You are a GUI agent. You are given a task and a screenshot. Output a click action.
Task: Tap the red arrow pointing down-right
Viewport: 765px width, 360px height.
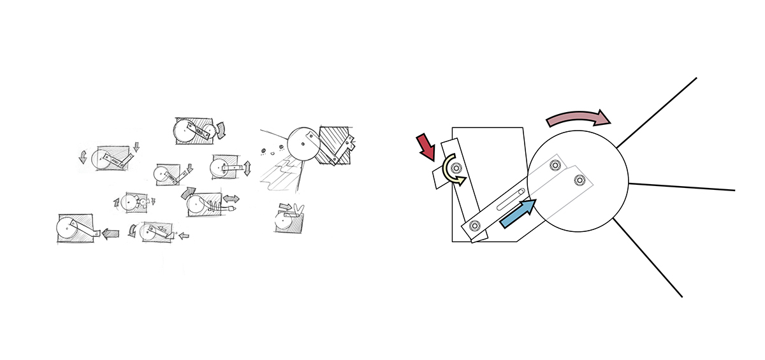point(425,147)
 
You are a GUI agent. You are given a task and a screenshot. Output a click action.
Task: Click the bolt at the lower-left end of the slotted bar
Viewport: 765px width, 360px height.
point(475,225)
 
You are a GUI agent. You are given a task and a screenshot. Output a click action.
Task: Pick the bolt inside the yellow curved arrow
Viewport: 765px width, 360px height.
point(455,168)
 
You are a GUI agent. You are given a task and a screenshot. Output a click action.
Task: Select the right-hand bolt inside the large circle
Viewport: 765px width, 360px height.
point(579,180)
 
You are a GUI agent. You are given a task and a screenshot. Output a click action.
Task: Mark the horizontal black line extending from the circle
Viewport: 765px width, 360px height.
point(682,187)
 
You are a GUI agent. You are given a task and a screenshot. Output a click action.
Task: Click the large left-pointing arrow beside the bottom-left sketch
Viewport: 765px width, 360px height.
point(111,234)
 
